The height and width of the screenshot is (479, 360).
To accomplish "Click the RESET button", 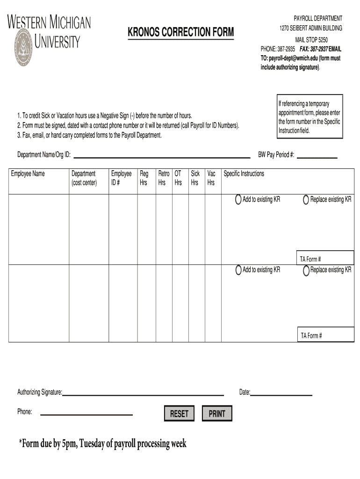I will [179, 414].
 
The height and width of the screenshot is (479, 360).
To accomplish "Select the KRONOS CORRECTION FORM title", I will [180, 32].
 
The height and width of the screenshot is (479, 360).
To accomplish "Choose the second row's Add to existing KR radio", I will [239, 270].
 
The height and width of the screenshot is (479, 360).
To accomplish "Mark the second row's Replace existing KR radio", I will [306, 270].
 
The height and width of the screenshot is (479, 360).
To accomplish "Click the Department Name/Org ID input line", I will [162, 155].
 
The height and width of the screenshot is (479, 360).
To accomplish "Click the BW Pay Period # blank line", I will [317, 155].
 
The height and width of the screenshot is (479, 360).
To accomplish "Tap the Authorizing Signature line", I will [143, 393].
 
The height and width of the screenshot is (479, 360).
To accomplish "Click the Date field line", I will [281, 393].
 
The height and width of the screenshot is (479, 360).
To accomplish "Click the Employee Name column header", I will [28, 174].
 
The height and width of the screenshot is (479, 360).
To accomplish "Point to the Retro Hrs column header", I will [164, 178].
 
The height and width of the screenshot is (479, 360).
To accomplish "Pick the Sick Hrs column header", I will [195, 178].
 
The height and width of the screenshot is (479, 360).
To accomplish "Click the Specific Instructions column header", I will [244, 174].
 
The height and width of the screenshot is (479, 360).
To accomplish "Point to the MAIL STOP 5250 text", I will [311, 40].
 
